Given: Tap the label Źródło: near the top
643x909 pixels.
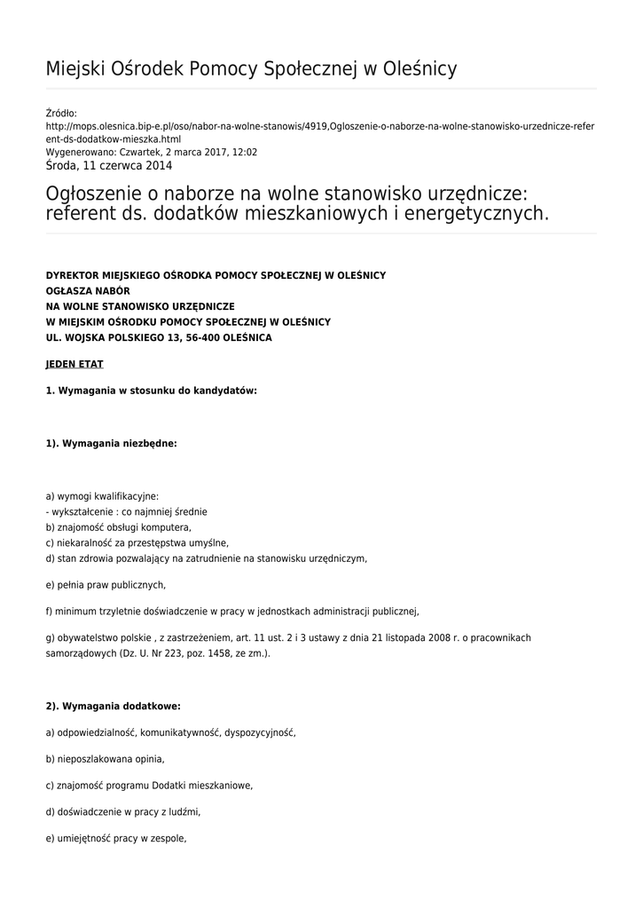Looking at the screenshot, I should click(x=61, y=113).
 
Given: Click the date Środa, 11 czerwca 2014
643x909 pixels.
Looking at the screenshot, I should click(x=109, y=165).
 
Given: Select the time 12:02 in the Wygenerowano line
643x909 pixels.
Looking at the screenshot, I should click(x=245, y=152).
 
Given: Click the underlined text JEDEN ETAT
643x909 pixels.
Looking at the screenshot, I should click(x=74, y=364).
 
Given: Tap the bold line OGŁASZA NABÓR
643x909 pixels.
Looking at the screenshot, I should click(x=88, y=290).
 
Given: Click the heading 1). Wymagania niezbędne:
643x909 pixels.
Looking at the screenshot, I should click(x=111, y=443).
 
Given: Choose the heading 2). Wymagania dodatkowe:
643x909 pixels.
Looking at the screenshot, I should click(x=113, y=707).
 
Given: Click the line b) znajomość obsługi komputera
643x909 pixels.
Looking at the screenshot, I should click(x=118, y=527).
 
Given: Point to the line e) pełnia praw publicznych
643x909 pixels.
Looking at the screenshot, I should click(x=106, y=585).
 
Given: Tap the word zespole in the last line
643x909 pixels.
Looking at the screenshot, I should click(x=169, y=839).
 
